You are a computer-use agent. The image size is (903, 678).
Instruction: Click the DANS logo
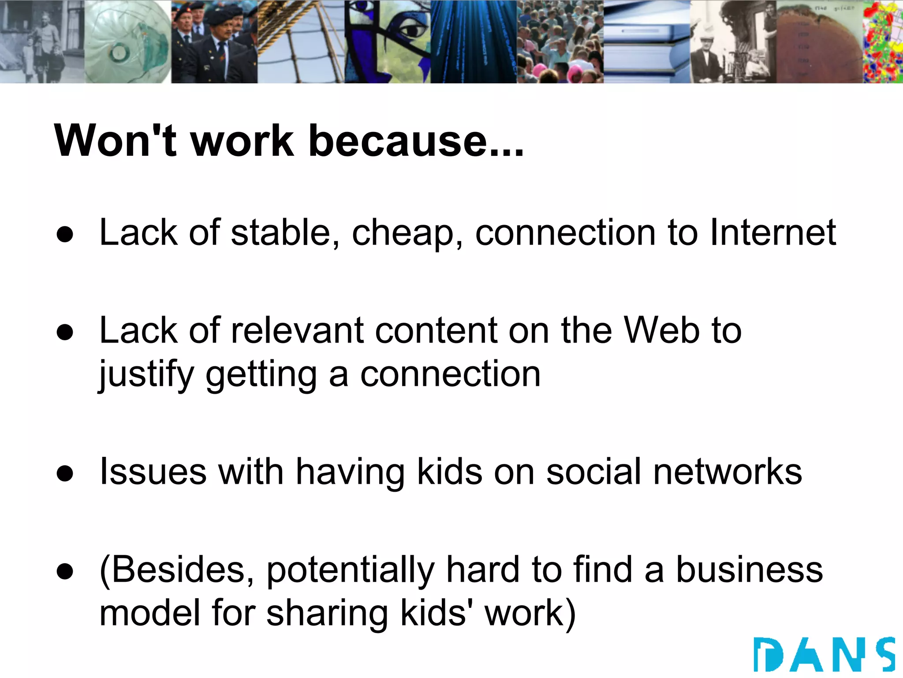click(x=824, y=655)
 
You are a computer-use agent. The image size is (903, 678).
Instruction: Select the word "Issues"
click(x=153, y=471)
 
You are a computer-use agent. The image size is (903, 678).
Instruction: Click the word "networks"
click(x=728, y=471)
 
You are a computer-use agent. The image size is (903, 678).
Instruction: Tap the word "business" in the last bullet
click(x=749, y=569)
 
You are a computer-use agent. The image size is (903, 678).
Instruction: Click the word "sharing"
click(x=327, y=614)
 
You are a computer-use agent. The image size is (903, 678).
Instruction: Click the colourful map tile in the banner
click(x=882, y=42)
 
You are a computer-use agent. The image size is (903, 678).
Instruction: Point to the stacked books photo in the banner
click(x=646, y=42)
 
